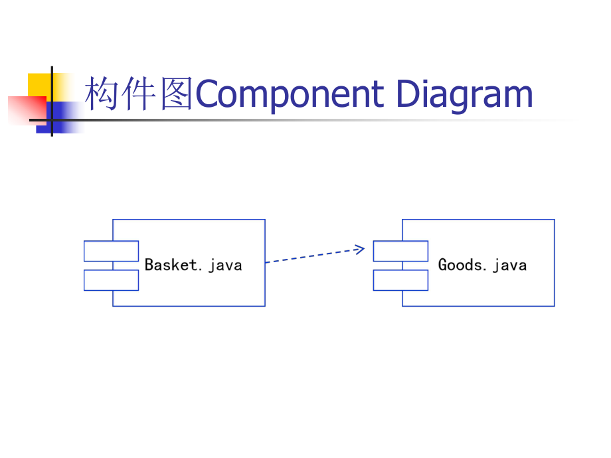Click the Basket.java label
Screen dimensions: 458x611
[193, 265]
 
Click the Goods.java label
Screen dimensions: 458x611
[482, 265]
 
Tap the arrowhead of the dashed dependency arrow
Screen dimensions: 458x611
[360, 250]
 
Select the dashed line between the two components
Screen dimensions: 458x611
[312, 256]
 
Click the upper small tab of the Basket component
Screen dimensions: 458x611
[111, 251]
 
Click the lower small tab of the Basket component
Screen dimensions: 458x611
[111, 280]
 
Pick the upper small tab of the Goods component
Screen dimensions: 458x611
[400, 251]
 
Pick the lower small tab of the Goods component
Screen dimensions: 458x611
[400, 280]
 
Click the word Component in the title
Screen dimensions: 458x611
[290, 94]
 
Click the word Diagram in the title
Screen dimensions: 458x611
[464, 94]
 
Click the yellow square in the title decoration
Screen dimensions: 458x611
[40, 85]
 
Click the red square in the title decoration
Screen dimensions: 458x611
[25, 110]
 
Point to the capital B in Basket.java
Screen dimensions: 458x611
[149, 265]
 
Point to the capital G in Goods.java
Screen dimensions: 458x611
[443, 265]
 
